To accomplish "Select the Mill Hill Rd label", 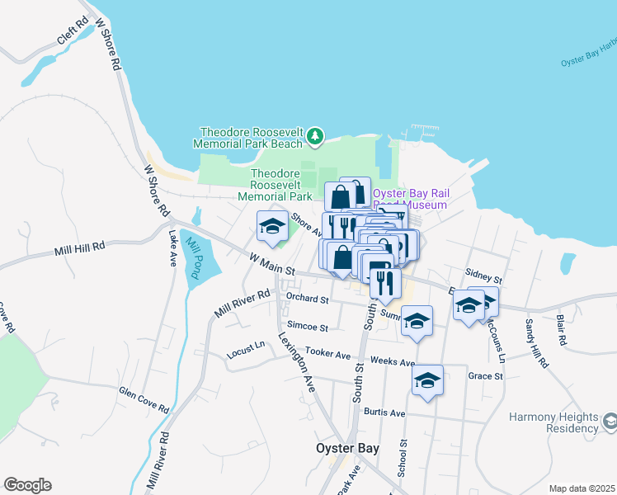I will [x=80, y=247].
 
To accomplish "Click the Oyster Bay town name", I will [x=346, y=448].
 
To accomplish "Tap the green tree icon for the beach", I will [x=314, y=135].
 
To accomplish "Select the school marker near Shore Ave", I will [x=271, y=227].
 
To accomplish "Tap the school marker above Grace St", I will [x=427, y=380].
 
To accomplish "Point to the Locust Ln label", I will [x=245, y=356].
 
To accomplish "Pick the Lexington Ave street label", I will [x=297, y=361].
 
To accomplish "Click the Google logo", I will [x=27, y=485].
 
